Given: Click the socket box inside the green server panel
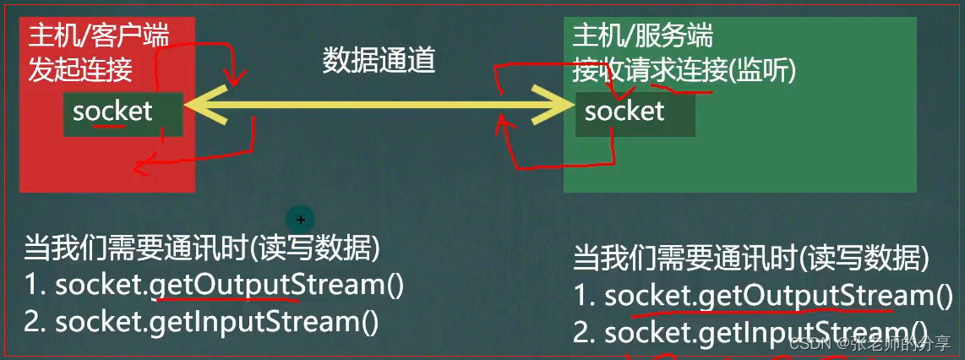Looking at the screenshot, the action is coord(635,113).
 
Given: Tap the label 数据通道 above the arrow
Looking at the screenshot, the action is coord(379,62).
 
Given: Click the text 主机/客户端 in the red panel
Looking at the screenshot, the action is coord(99,35).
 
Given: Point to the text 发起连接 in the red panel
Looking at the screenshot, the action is coord(80,69).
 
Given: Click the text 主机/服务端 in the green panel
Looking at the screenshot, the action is coord(642,35).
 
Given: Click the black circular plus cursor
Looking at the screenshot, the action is coord(300,219).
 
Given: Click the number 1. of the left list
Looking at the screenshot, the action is coord(35,286).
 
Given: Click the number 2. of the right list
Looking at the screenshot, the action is coord(585,332).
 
